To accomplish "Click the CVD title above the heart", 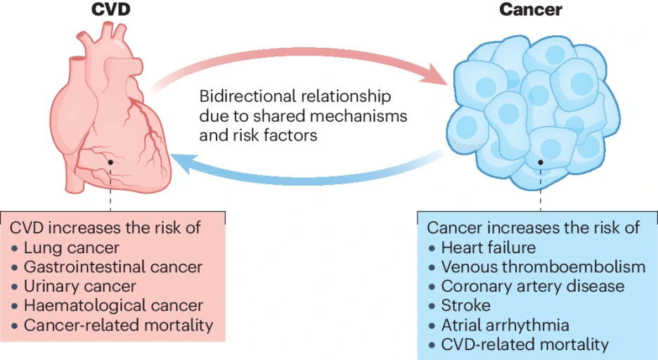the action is coord(111,9).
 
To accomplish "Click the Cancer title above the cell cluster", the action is coord(531,9).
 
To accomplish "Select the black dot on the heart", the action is coord(110,162).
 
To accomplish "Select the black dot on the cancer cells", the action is coord(541,162).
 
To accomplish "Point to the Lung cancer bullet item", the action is coord(71,247).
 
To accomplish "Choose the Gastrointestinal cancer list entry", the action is coord(113,267).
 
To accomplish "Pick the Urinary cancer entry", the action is coord(79,286).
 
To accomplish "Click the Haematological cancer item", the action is coord(113,305).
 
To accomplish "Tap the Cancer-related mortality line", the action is coord(118,325).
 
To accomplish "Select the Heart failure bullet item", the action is coord(489,247).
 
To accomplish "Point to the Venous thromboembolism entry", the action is coord(543,267).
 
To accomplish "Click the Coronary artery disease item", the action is coord(533,286).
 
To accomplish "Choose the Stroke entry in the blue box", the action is coord(466,305).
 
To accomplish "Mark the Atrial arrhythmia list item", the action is coord(505,325).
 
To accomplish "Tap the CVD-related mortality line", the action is coord(524,345).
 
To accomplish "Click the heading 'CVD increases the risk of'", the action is coord(105,228).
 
